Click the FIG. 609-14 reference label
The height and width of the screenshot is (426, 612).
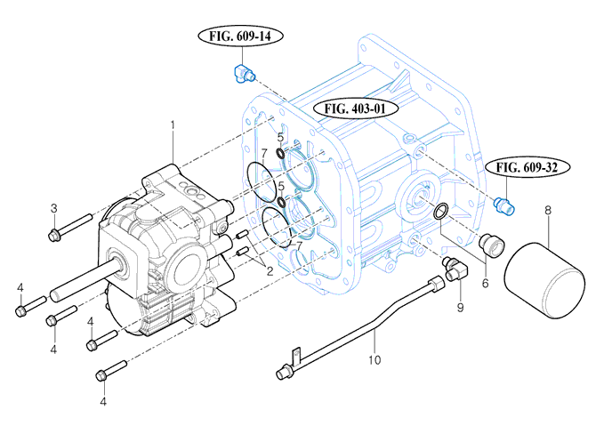click(239, 36)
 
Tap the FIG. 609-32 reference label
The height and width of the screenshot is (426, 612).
click(532, 166)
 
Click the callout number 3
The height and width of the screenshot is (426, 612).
click(53, 208)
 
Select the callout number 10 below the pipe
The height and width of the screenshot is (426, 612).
click(374, 360)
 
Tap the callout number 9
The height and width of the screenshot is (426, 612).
click(460, 308)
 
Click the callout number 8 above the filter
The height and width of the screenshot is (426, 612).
click(548, 211)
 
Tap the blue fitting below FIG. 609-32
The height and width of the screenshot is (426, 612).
click(503, 206)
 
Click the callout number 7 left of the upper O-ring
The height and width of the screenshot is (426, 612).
click(263, 154)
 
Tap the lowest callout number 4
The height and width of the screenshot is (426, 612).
click(103, 401)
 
